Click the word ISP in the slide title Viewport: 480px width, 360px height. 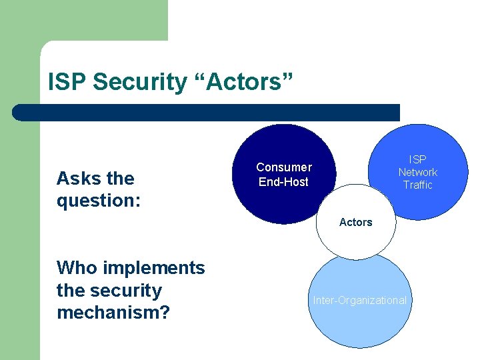(x=68, y=83)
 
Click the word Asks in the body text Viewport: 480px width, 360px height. (x=77, y=179)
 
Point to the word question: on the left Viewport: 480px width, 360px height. (x=99, y=201)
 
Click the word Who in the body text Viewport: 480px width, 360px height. (x=76, y=268)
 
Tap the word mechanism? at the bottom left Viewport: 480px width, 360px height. (x=112, y=313)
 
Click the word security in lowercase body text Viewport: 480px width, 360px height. (x=128, y=291)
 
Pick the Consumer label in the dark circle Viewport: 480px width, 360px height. (x=284, y=167)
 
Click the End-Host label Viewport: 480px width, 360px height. (x=284, y=181)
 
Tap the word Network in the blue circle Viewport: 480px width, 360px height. (x=418, y=172)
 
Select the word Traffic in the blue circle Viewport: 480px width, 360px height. (x=418, y=185)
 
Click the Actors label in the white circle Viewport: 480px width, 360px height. (x=355, y=222)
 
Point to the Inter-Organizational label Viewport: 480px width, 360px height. (x=360, y=300)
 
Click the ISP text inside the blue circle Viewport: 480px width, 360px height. (x=418, y=159)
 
